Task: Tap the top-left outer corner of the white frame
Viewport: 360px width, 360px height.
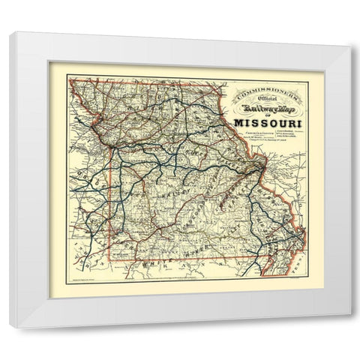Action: (10, 32)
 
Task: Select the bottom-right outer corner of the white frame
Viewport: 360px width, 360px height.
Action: (350, 328)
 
